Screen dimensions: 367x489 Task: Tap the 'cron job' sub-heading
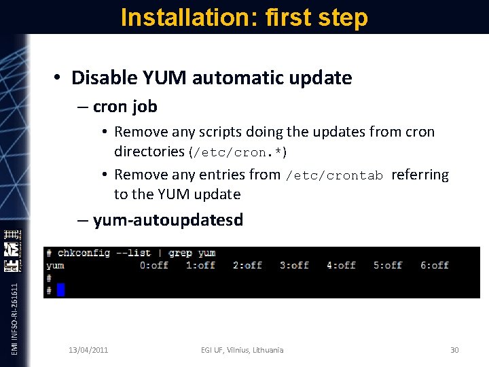125,107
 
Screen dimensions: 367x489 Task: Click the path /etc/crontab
335,175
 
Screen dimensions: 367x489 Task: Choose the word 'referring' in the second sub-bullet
420,175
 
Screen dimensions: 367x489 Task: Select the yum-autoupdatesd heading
168,220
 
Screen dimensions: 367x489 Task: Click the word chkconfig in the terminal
84,253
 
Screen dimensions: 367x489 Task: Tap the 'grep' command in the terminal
181,253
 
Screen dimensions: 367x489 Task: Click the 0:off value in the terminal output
154,265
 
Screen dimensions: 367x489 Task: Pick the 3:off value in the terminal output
294,265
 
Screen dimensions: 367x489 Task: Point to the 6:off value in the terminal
435,265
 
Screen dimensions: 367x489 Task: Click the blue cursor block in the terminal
60,290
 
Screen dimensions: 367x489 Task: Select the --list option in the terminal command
133,253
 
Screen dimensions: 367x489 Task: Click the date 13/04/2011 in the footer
88,350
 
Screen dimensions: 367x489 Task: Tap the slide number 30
454,350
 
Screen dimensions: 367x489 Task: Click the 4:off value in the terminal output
341,265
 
